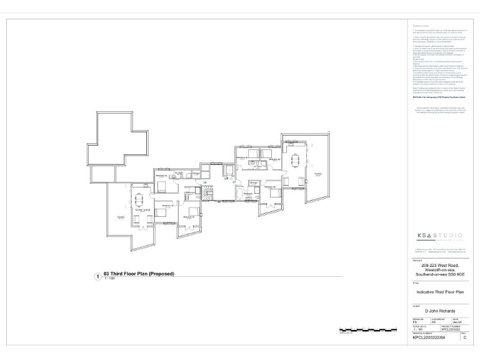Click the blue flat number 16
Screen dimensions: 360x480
coord(205,182)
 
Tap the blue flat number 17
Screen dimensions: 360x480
coord(233,182)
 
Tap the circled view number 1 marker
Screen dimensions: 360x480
coord(97,276)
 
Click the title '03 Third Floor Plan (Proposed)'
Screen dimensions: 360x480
coord(139,274)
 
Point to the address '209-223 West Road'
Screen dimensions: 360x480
coord(436,266)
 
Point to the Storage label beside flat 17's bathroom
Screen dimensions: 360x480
coord(253,183)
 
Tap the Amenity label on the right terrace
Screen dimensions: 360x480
coord(317,174)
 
